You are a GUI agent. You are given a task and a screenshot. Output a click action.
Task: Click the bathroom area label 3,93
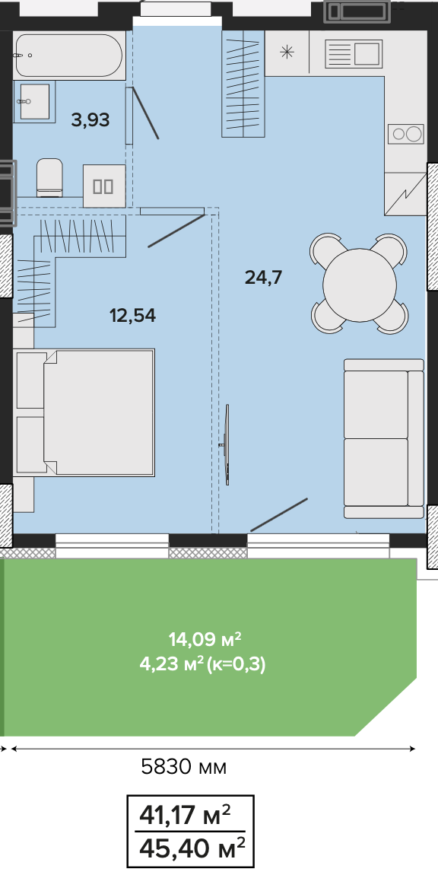tap(90, 119)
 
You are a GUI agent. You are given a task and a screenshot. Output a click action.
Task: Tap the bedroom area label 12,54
tap(132, 316)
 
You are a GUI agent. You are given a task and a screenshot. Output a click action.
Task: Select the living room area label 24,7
tap(264, 276)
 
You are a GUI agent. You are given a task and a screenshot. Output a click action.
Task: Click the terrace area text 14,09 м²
tap(205, 638)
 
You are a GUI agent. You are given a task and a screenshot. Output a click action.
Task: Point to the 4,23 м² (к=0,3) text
tap(202, 665)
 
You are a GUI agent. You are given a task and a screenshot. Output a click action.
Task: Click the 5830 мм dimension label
tap(183, 767)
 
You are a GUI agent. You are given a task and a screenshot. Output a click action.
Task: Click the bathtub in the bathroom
tap(68, 56)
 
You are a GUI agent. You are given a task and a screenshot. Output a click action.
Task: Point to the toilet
tap(49, 177)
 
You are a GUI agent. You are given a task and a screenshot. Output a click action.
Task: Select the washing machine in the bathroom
tap(104, 186)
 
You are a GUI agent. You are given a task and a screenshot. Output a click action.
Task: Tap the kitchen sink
tap(353, 53)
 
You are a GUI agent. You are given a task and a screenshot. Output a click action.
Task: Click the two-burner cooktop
tap(406, 134)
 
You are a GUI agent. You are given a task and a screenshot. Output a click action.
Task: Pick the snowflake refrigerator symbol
tap(286, 53)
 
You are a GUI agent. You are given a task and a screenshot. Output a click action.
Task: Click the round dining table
tap(360, 285)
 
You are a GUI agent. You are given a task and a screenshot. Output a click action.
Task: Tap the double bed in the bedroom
tap(84, 412)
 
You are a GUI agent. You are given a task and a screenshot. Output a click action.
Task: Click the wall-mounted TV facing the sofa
tap(227, 445)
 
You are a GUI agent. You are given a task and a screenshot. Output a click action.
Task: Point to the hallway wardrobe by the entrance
tap(243, 84)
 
